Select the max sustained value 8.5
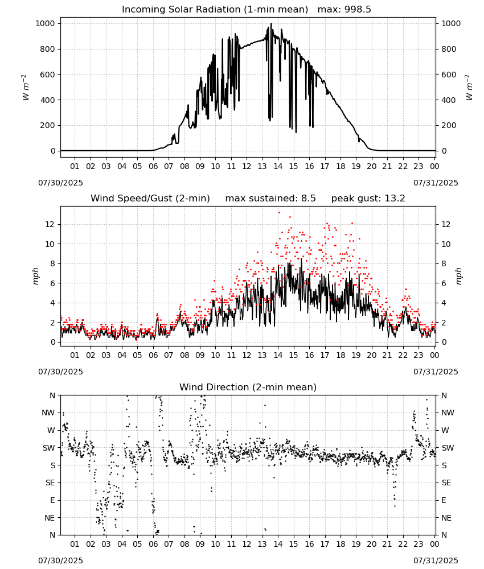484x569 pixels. coord(308,198)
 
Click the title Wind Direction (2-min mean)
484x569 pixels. coord(248,387)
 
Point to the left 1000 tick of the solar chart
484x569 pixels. coord(45,23)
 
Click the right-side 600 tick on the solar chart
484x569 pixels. coord(449,75)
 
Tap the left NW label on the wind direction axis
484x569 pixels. coord(48,413)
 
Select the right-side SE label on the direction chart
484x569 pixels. coord(446,483)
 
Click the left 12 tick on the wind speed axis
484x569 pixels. coord(50,224)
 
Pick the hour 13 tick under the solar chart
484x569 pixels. coord(262,166)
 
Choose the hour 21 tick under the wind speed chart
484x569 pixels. coord(387,355)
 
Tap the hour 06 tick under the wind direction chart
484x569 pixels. coord(153,544)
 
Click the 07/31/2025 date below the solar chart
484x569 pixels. coord(436,183)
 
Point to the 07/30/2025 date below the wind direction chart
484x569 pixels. coord(60,560)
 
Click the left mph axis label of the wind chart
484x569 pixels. coord(35,276)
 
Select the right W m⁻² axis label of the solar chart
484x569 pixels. coord(469,87)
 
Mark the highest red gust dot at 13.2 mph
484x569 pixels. coord(279,213)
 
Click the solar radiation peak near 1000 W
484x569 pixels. coord(271,24)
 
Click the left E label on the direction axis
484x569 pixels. coord(52,500)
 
